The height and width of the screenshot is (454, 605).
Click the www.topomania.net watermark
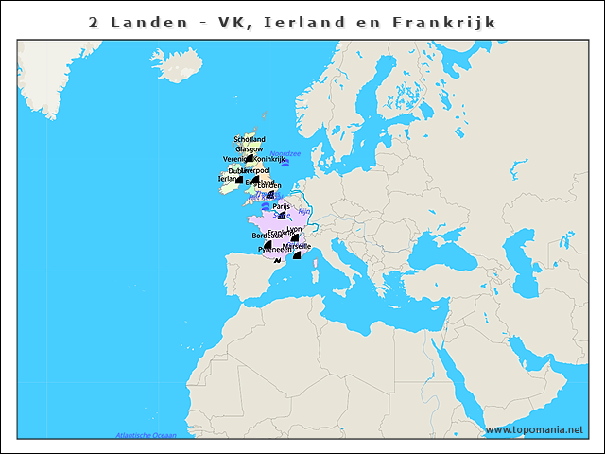pyautogui.click(x=533, y=430)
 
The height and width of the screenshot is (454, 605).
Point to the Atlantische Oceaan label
pyautogui.click(x=146, y=435)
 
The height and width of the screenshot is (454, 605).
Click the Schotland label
pyautogui.click(x=250, y=139)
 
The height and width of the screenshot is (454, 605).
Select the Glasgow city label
pyautogui.click(x=250, y=148)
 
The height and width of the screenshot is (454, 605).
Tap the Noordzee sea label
pyautogui.click(x=285, y=153)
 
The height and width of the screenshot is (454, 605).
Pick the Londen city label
pyautogui.click(x=268, y=185)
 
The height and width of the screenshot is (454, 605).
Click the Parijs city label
pyautogui.click(x=281, y=206)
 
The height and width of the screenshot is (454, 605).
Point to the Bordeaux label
pyautogui.click(x=267, y=235)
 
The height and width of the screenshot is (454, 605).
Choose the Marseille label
pyautogui.click(x=298, y=245)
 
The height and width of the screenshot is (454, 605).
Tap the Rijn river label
pyautogui.click(x=304, y=211)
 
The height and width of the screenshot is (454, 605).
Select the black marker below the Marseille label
pyautogui.click(x=296, y=253)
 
